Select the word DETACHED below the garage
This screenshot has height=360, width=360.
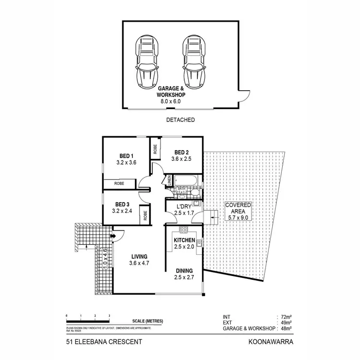[x=180, y=120]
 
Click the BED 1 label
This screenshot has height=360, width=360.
[x=127, y=156]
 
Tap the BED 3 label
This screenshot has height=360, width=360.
[x=123, y=204]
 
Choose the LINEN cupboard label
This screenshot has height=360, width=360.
[x=169, y=181]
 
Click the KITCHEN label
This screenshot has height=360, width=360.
[x=184, y=240]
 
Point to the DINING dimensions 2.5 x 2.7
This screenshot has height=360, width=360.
[x=184, y=277]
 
